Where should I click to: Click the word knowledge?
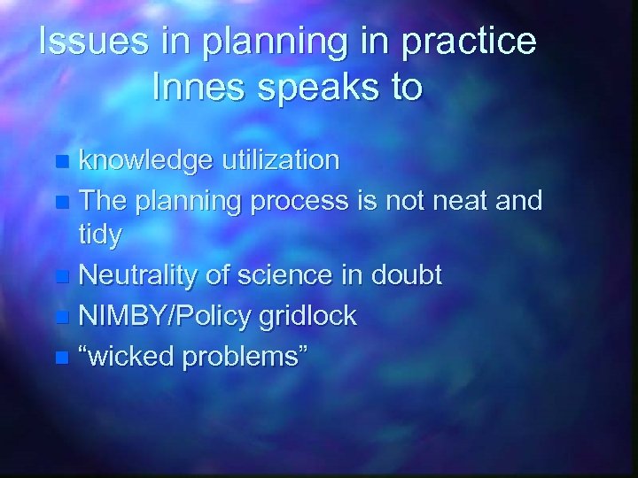146,160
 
